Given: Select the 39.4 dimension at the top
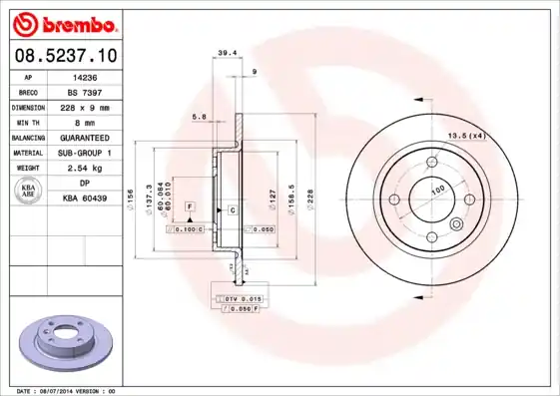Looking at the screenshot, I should point(227,52).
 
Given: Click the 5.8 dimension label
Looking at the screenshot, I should point(199,118).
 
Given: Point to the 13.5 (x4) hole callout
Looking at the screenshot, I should point(465,135).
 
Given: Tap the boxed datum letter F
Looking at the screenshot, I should point(189,205).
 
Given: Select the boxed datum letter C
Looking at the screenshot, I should point(232,210).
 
